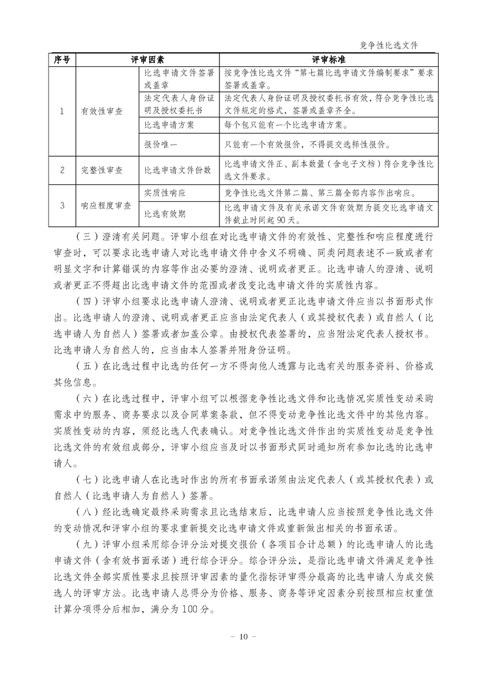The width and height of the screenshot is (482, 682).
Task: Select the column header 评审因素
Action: point(148,60)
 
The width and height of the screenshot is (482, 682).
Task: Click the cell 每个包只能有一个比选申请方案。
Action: point(286,125)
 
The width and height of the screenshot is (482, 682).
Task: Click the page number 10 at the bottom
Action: point(241,636)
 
